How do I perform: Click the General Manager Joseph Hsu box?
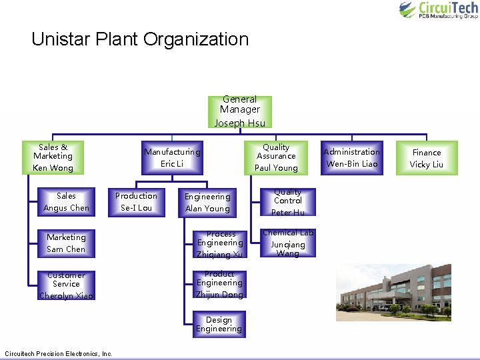239,111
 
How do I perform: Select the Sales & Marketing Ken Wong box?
53,157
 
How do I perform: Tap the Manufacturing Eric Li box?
172,157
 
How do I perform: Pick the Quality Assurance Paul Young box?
276,157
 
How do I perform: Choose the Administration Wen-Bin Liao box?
351,157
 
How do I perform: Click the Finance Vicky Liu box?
427,157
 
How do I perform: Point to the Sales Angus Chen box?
66,202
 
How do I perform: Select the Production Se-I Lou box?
136,202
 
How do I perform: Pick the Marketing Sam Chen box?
66,243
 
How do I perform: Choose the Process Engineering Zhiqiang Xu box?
220,244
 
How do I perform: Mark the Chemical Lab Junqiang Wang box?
288,243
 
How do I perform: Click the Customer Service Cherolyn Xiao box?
66,285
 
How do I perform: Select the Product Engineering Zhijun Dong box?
219,285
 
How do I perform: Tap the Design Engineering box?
219,325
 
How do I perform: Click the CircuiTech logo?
438,10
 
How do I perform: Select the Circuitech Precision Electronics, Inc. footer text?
59,353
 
